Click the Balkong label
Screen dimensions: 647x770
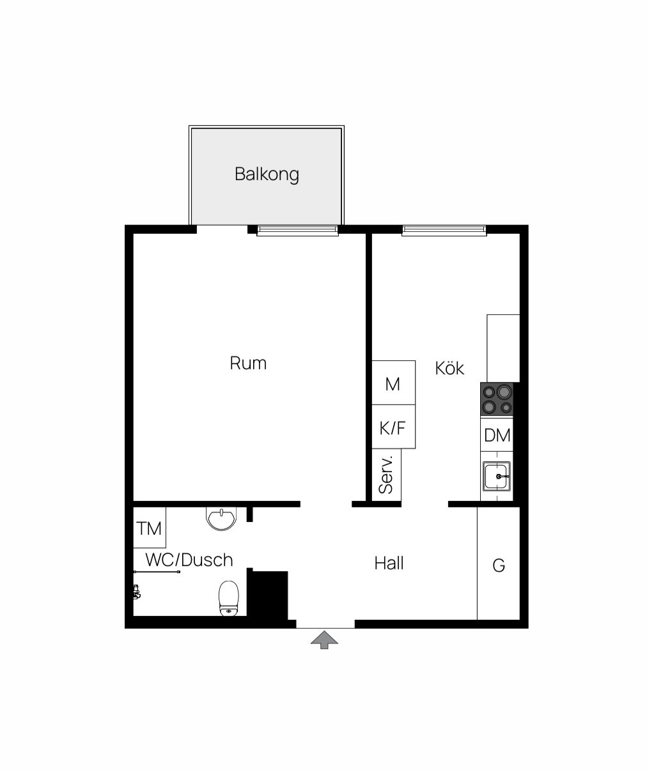coord(267,174)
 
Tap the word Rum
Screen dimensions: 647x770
coord(248,363)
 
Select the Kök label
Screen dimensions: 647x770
coord(449,368)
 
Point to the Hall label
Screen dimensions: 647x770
coord(389,563)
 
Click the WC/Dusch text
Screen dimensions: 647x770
coord(189,560)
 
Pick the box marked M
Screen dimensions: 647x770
coord(393,382)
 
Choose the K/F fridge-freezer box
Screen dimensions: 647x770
coord(393,427)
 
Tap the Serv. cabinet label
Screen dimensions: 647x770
coord(386,475)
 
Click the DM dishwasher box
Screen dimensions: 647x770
coord(497,435)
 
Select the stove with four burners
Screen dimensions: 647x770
coord(497,400)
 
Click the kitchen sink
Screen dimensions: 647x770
coord(497,477)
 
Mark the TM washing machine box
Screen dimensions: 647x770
coord(150,528)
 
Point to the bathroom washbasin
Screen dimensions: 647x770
coord(221,518)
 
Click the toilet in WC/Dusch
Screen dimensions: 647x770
coord(229,599)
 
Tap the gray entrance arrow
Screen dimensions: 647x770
coord(324,640)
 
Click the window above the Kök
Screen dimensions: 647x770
coord(444,231)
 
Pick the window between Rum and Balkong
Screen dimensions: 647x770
coord(297,231)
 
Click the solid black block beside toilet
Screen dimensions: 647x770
coord(268,594)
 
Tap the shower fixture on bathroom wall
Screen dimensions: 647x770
coord(137,592)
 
